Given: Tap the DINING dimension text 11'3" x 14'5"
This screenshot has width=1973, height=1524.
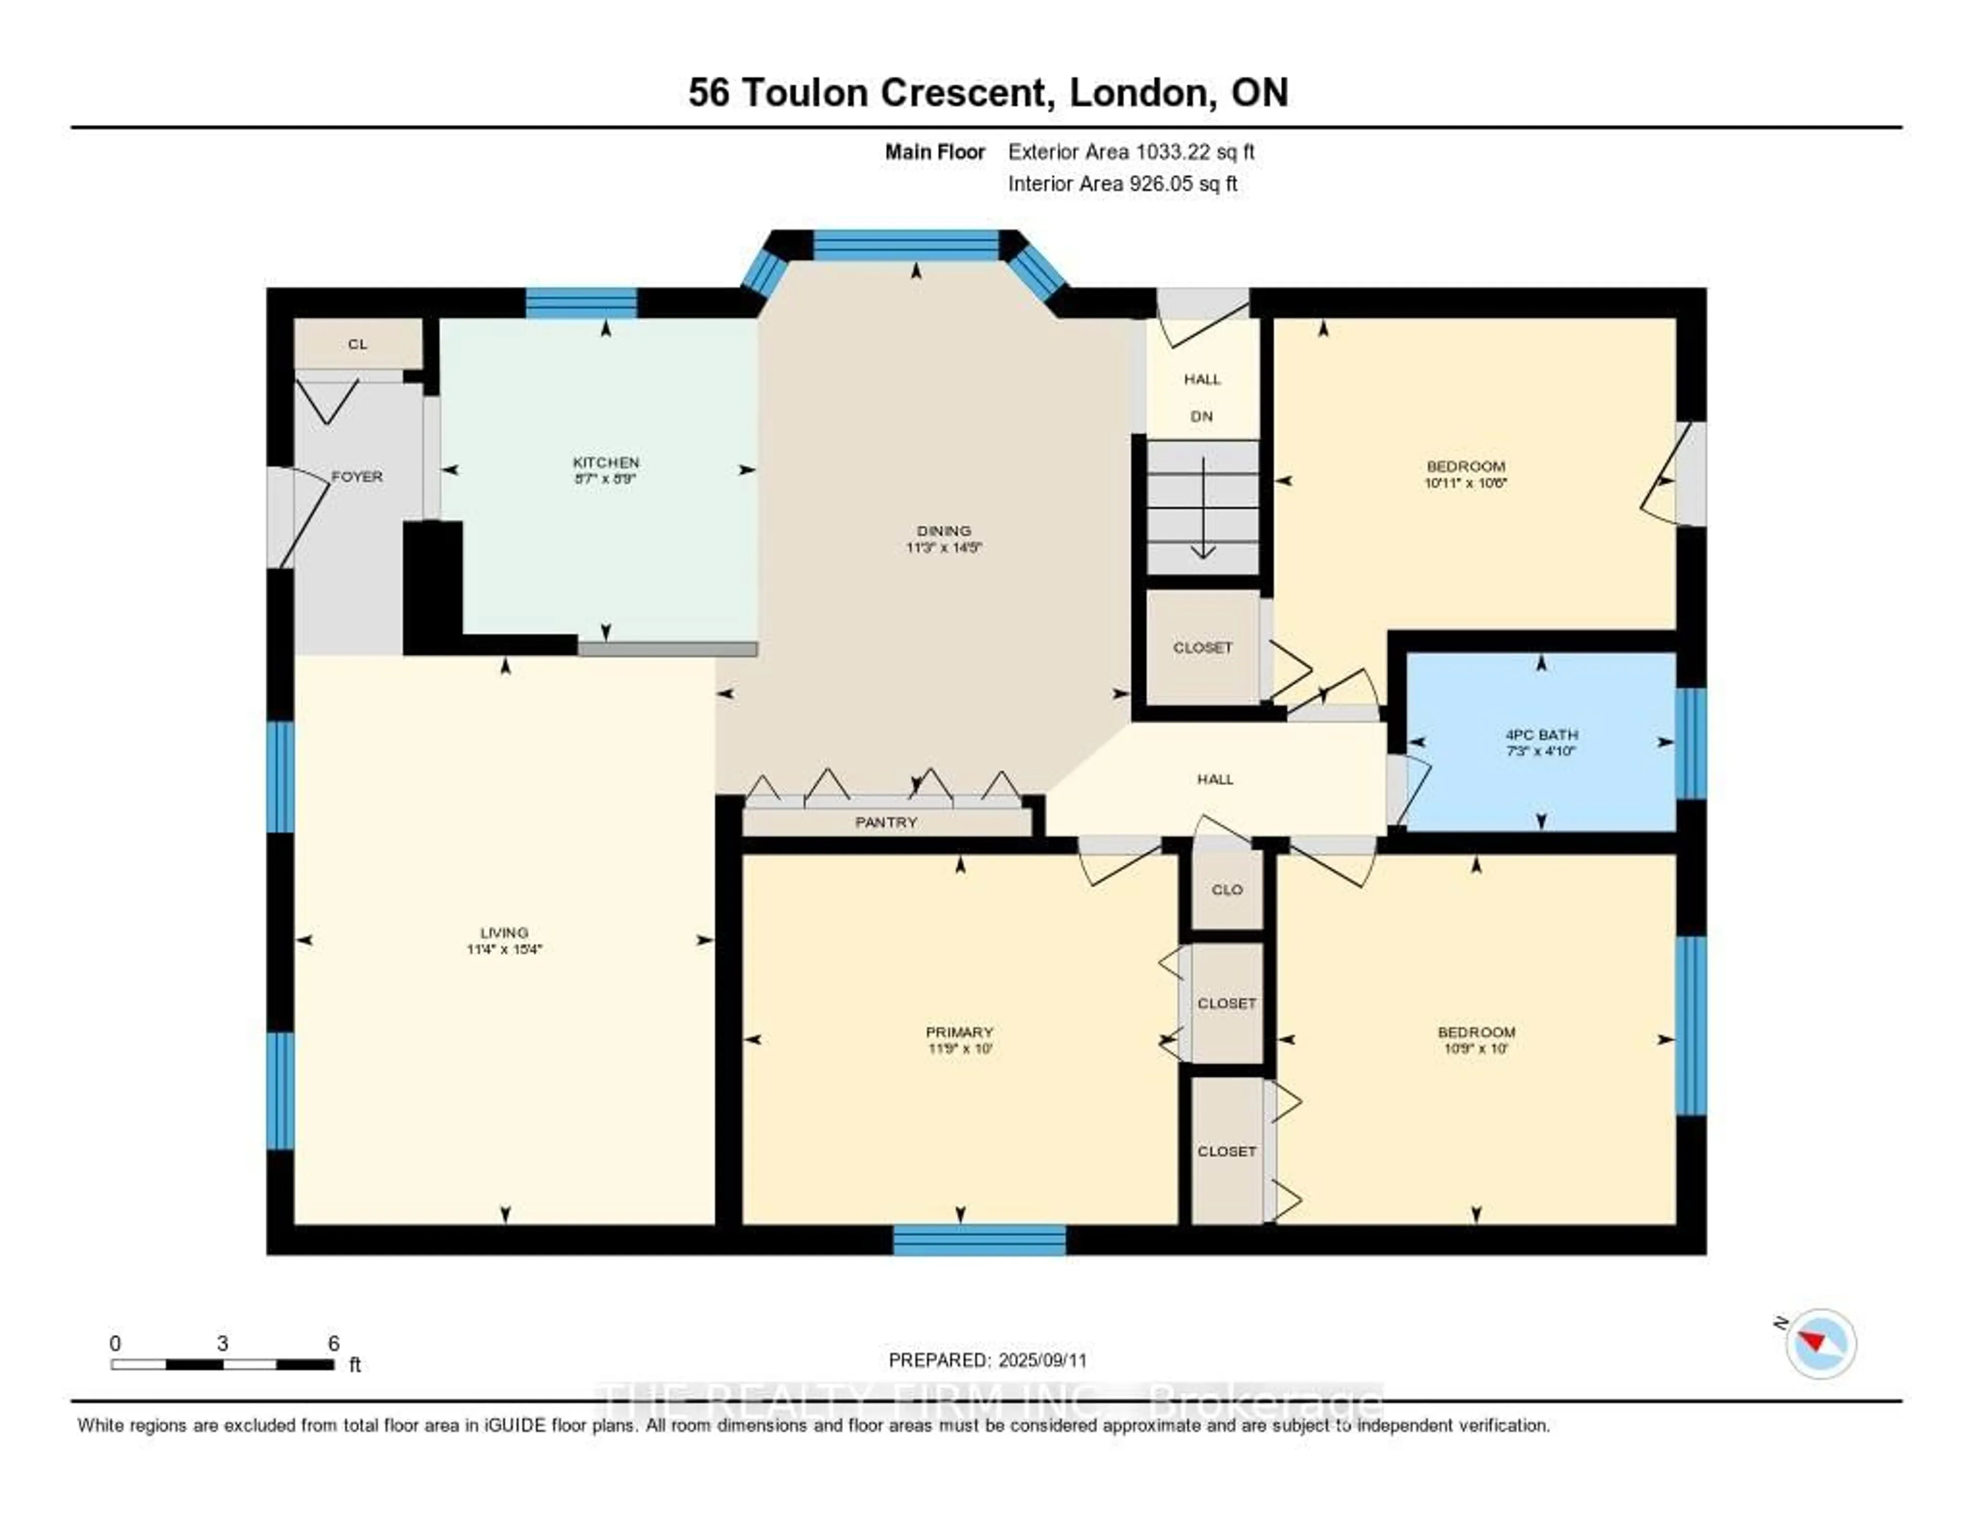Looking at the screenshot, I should tap(943, 547).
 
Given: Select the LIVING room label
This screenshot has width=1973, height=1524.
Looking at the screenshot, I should tap(504, 932).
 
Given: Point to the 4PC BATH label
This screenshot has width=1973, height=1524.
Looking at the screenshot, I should tap(1541, 734).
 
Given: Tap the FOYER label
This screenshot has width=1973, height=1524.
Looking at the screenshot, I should tap(357, 476).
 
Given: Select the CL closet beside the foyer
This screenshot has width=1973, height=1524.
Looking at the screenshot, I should tap(358, 344).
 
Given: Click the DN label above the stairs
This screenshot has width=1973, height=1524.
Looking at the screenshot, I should tap(1201, 417).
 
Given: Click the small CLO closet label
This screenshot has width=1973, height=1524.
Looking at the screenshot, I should tap(1227, 890).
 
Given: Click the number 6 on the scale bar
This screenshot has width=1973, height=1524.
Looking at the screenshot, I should tap(333, 1343).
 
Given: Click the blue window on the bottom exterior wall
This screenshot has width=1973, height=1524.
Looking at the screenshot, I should tap(979, 1239).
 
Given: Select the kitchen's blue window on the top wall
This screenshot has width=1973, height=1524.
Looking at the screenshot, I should tap(581, 303).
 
